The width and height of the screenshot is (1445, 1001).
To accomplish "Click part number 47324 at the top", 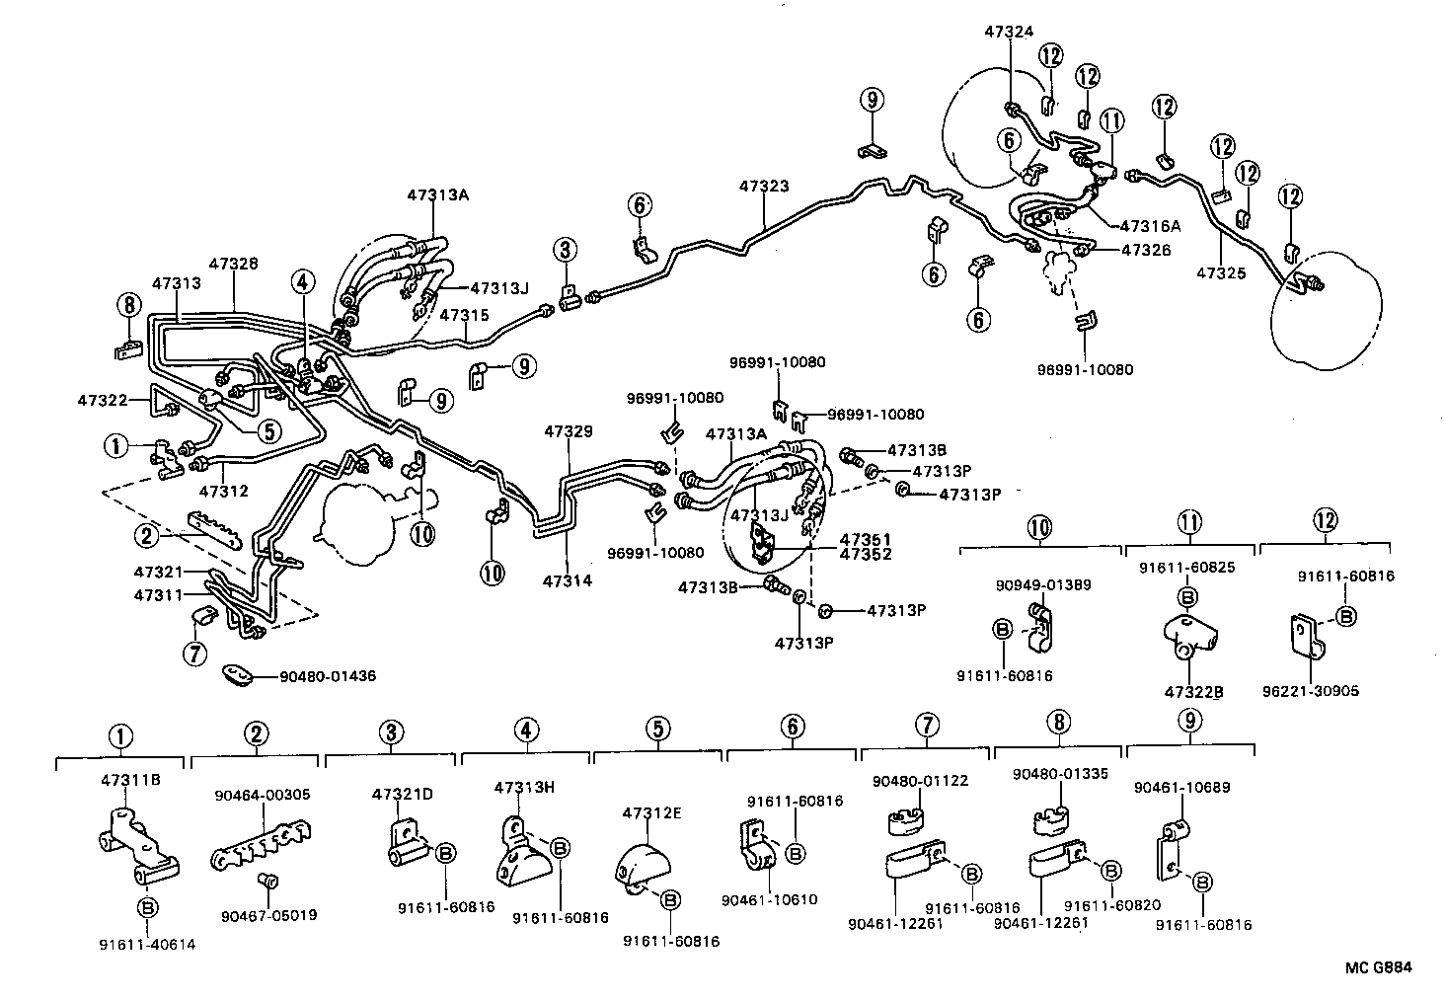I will pyautogui.click(x=1009, y=32).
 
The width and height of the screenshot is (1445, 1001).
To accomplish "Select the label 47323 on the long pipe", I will pyautogui.click(x=764, y=186).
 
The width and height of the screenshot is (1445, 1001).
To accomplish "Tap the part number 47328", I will pyautogui.click(x=233, y=264).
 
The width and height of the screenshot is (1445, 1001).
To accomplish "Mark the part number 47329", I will pyautogui.click(x=569, y=431).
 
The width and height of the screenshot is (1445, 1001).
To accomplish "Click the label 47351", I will pyautogui.click(x=865, y=540).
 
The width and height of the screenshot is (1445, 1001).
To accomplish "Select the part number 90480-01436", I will pyautogui.click(x=328, y=676).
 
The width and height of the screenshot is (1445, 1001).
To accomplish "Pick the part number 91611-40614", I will pyautogui.click(x=147, y=944).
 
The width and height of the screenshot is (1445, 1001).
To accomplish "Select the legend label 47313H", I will pyautogui.click(x=524, y=787).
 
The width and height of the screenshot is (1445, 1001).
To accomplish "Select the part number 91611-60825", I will pyautogui.click(x=1187, y=568).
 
